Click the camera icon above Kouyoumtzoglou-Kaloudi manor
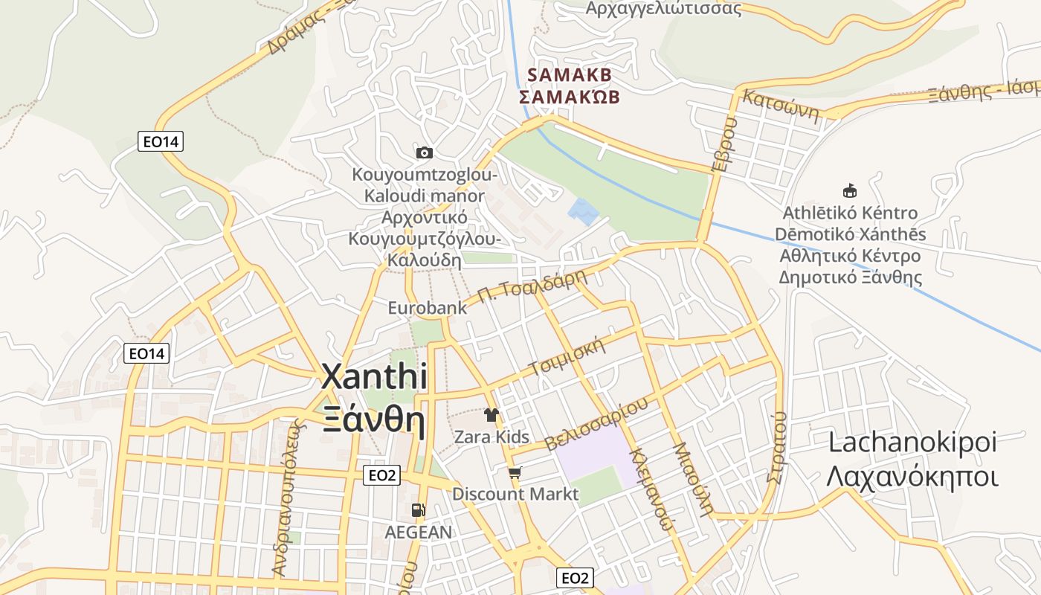point(425,152)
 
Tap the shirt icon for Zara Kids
point(491,414)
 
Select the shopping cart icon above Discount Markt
point(515,472)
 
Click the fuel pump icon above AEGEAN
point(419,510)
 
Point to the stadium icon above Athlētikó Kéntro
point(849,190)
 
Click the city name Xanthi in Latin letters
point(374,377)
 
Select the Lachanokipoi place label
point(912,443)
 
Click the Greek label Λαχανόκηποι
point(912,476)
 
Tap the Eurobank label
point(428,307)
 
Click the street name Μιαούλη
point(692,479)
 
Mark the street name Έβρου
point(724,144)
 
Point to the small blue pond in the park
point(583,210)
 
